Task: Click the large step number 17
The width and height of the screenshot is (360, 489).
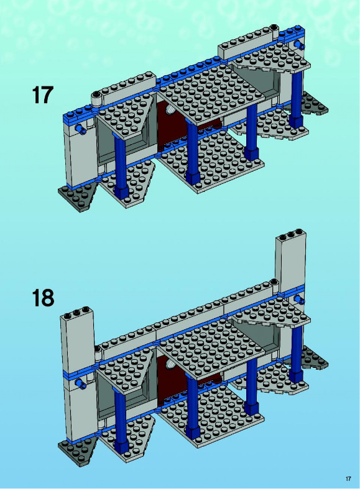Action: [x=43, y=95]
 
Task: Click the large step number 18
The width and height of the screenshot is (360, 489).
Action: [x=43, y=298]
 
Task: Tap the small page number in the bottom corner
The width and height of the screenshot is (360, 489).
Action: [x=348, y=478]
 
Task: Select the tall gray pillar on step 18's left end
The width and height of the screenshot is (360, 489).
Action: [x=78, y=374]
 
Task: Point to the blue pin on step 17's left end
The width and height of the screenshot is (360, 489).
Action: [x=80, y=129]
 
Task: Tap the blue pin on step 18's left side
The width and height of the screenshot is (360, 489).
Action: [x=80, y=383]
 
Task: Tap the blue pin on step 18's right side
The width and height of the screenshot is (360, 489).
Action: [x=300, y=300]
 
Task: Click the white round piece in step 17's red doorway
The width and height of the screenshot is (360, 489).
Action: [x=170, y=109]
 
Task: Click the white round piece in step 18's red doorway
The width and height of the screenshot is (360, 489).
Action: [x=170, y=362]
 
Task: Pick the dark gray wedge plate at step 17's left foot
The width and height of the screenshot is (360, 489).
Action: [x=78, y=197]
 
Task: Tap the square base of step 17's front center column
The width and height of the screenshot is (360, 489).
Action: [x=193, y=178]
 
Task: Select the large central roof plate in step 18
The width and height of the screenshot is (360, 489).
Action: [x=211, y=345]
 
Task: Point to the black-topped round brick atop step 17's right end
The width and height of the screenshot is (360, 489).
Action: [x=274, y=29]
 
